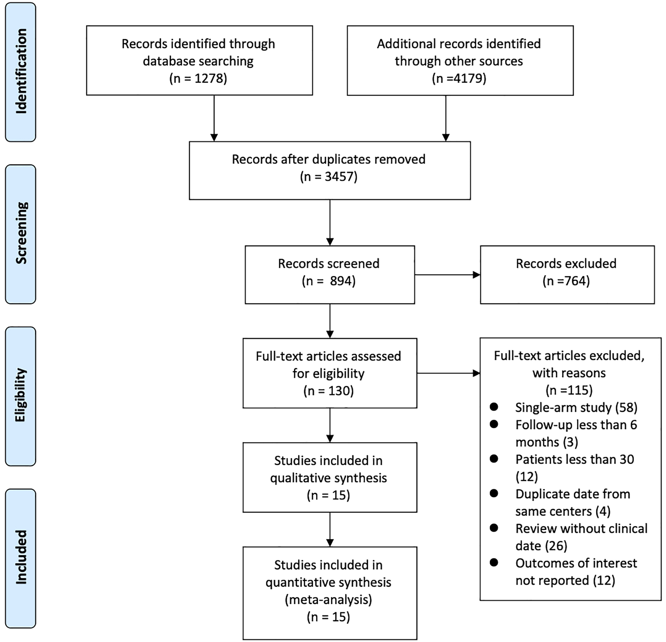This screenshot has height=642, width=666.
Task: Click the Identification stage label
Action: (x=21, y=71)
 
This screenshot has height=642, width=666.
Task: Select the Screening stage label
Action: (x=21, y=233)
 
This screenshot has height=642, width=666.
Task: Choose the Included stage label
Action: (x=21, y=557)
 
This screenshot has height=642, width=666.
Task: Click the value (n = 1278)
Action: (x=198, y=78)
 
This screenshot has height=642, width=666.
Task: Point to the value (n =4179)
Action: (x=459, y=78)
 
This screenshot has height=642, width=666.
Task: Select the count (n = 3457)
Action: (x=329, y=177)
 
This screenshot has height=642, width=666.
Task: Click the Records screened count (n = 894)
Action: (x=329, y=281)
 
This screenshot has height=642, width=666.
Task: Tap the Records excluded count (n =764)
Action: (x=566, y=281)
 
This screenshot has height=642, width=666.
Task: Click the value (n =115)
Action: (x=569, y=390)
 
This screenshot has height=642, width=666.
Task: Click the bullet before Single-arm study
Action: (x=494, y=406)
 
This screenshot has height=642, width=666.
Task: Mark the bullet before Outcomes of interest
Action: (x=494, y=563)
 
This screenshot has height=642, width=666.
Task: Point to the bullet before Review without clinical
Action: (x=494, y=528)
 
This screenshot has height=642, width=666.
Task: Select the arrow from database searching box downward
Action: (x=214, y=118)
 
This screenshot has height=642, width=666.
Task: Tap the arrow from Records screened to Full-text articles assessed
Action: (x=330, y=321)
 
